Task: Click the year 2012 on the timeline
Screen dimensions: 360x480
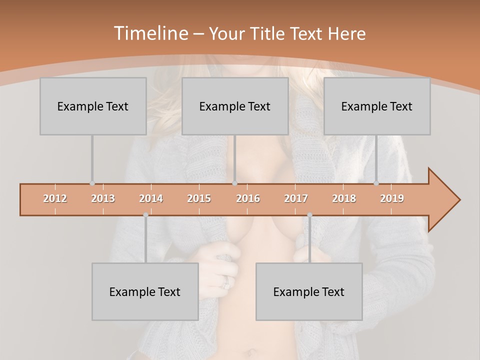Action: pos(55,198)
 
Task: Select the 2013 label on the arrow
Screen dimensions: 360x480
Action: pos(103,198)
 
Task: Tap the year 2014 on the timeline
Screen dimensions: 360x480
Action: pos(151,198)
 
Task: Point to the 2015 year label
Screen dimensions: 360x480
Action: pos(199,198)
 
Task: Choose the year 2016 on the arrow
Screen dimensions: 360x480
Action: pos(248,198)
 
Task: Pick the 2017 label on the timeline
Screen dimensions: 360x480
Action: pos(296,198)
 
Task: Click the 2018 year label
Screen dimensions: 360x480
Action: pos(344,198)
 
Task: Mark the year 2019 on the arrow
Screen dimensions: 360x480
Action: pos(392,198)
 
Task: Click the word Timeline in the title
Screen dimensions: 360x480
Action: pos(150,33)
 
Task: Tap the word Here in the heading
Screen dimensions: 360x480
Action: pos(346,33)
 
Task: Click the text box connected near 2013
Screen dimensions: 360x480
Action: pos(93,106)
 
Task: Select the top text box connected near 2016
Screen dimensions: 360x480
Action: pos(235,106)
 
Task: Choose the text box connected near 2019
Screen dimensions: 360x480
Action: pos(377,106)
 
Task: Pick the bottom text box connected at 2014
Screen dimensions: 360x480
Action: pos(145,291)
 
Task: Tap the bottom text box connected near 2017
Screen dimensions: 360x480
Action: pos(309,291)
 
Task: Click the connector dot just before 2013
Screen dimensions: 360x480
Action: pos(92,183)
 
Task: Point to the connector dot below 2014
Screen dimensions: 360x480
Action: pos(145,215)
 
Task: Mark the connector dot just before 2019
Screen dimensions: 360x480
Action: pos(376,183)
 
